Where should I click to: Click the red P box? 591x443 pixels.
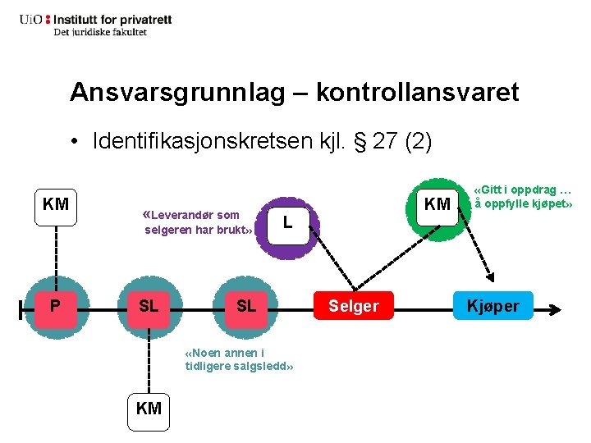coord(54,307)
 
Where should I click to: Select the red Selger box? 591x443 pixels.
coord(354,307)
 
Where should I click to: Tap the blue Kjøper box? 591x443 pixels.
coord(493,307)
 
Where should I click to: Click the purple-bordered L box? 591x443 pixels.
coord(287,221)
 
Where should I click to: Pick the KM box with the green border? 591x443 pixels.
coord(438,204)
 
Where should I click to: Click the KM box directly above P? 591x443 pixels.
coord(55,204)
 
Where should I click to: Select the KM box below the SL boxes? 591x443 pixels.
coord(149,408)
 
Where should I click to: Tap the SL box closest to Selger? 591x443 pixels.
coord(245,307)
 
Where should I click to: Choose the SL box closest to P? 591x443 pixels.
coord(149,307)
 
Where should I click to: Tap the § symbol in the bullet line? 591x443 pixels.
coord(359,141)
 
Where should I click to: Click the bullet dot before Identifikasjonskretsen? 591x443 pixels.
coord(74,142)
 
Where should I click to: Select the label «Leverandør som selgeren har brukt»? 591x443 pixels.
coord(197,222)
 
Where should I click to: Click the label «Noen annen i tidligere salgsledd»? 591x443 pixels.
coord(239,359)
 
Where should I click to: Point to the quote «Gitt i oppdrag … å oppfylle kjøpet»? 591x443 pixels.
coord(522,196)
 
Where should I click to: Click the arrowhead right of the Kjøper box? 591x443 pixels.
coord(556,310)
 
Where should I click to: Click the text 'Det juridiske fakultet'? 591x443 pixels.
coord(100,32)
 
